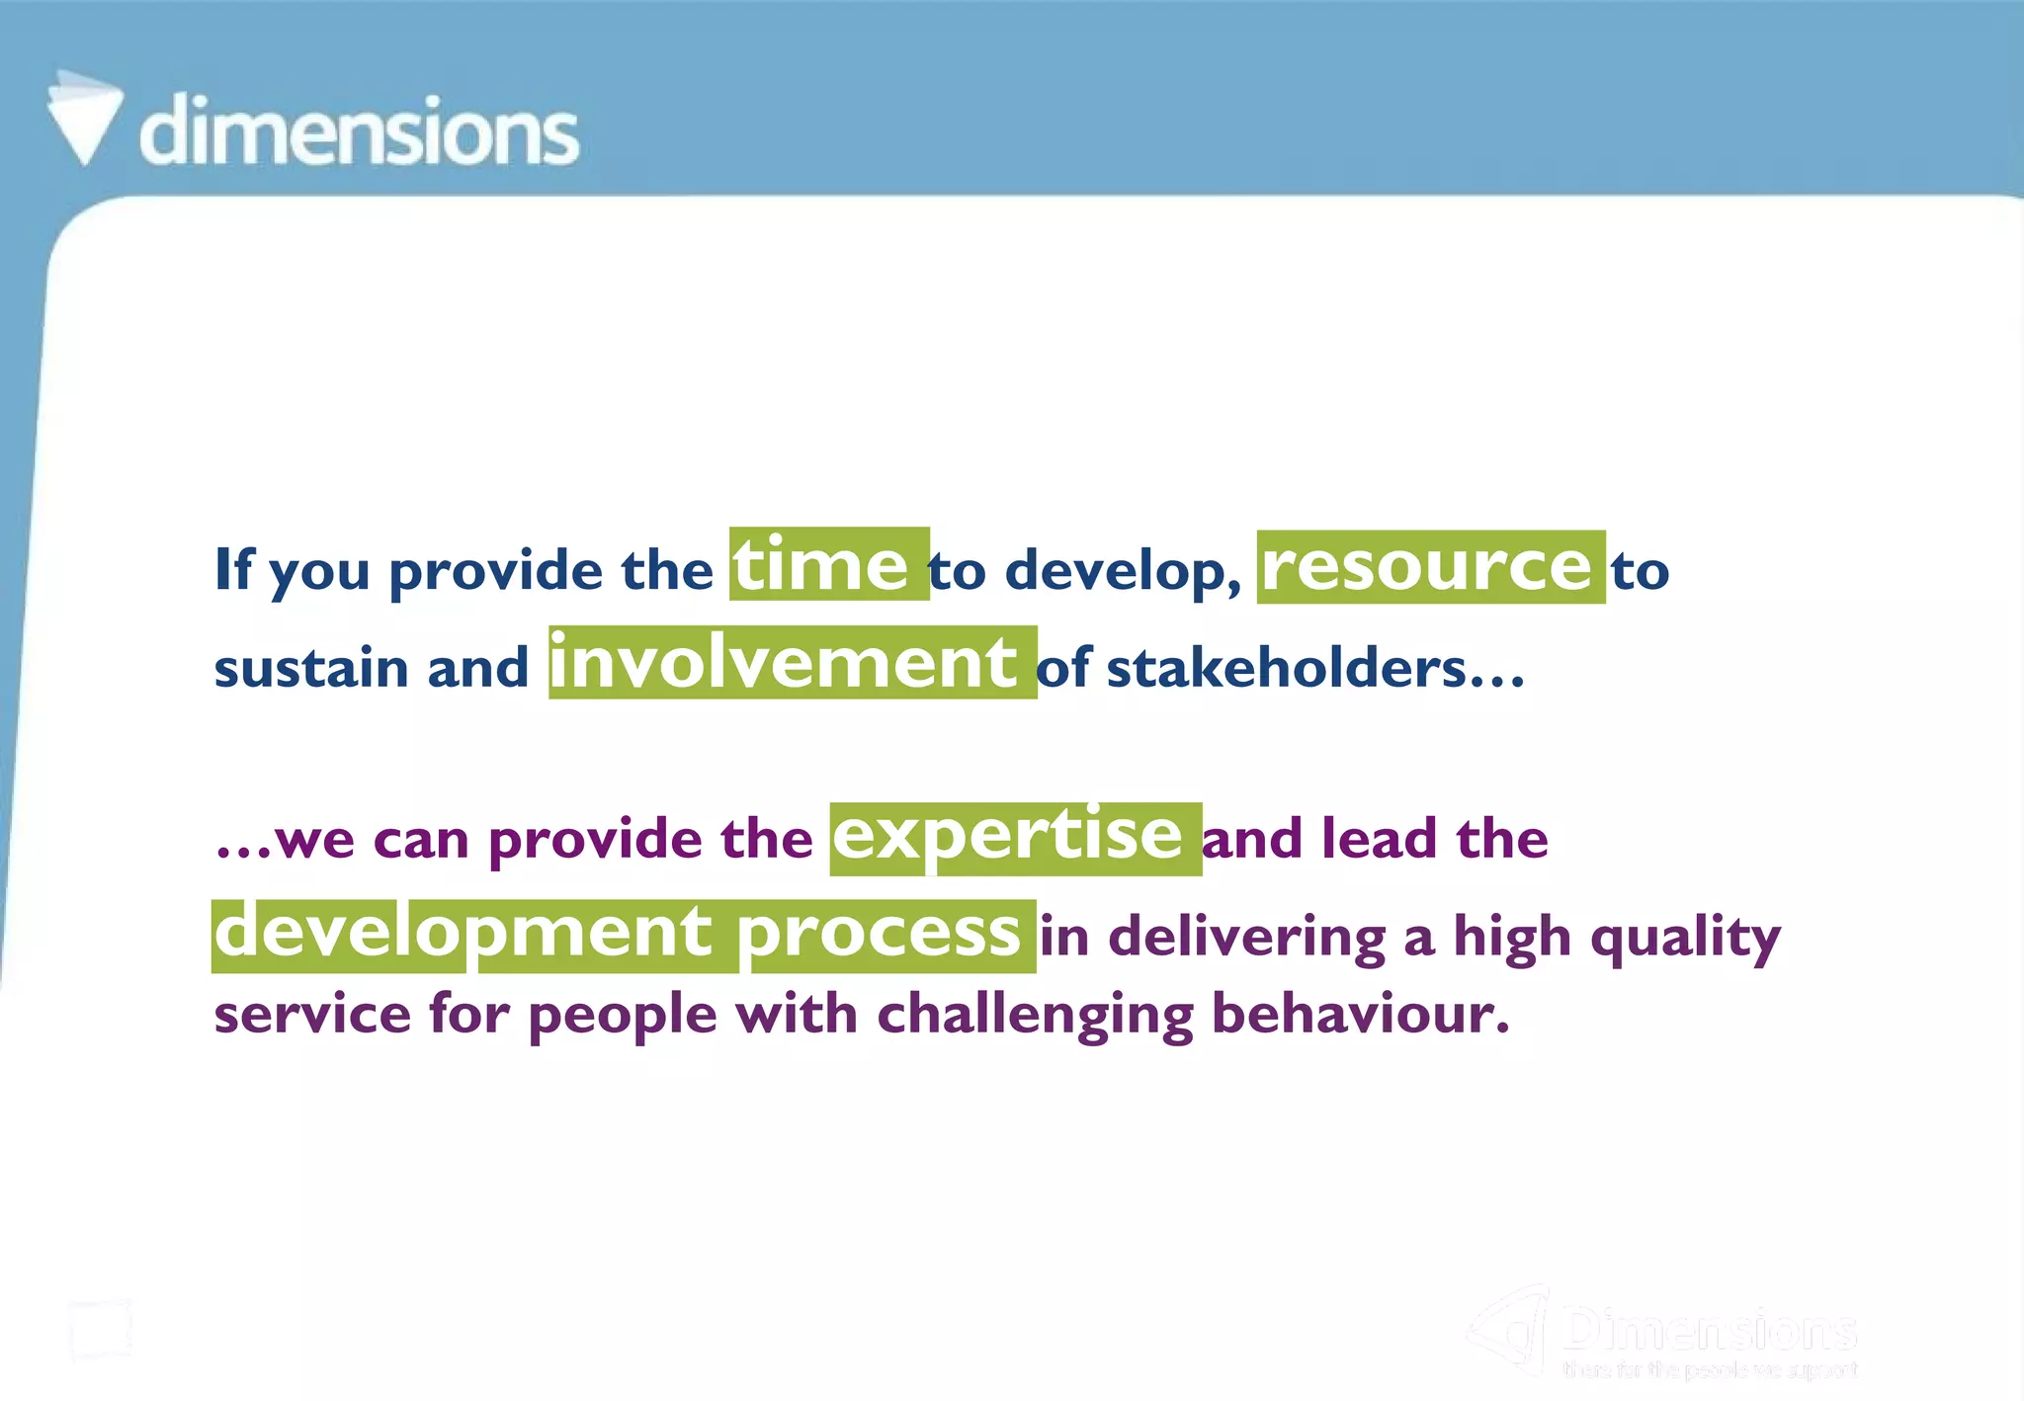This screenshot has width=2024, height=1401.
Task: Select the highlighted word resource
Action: [x=1429, y=566]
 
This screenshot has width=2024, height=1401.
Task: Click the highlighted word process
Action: [x=880, y=934]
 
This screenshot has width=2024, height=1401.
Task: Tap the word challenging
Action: [x=1036, y=1016]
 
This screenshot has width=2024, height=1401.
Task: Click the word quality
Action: [x=1685, y=938]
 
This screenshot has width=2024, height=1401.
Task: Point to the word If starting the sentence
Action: [x=234, y=569]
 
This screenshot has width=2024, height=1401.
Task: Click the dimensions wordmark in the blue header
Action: [x=359, y=131]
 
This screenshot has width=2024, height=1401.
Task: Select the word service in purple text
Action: [x=312, y=1015]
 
